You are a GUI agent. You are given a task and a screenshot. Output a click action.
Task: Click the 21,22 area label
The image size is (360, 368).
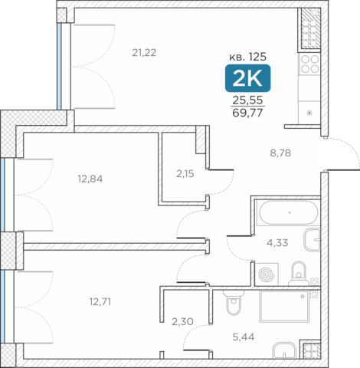click(144, 53)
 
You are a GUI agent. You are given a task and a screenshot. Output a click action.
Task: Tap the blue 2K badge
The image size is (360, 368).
click(247, 78)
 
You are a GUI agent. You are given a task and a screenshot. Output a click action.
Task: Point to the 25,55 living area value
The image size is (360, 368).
click(247, 100)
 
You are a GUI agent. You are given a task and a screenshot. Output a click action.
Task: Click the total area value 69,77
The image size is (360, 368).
click(247, 113)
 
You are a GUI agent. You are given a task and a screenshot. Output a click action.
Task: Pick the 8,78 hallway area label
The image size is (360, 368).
click(280, 153)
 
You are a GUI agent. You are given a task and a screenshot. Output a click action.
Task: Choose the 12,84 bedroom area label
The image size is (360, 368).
click(90, 179)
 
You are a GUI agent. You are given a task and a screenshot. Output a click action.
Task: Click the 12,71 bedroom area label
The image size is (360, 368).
click(100, 302)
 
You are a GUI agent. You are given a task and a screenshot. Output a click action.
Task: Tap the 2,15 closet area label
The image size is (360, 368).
click(185, 174)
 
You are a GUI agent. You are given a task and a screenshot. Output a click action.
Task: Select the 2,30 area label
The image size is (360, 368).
click(182, 322)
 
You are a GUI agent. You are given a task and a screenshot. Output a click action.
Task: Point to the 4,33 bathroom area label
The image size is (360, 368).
click(277, 242)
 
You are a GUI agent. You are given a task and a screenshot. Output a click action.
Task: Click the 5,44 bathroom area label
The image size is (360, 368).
click(244, 337)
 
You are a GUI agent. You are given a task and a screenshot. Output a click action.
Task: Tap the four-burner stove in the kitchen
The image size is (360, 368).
click(309, 64)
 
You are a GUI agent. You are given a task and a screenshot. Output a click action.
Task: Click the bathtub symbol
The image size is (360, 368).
click(289, 212)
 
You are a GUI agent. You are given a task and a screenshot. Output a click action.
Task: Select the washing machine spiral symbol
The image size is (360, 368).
click(267, 274)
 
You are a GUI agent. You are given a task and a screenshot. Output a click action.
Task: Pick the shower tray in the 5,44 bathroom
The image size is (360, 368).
click(285, 306)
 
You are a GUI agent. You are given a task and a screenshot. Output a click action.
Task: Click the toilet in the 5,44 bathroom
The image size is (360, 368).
click(233, 303)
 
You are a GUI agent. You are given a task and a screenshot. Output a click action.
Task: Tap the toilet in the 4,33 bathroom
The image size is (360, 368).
click(299, 274)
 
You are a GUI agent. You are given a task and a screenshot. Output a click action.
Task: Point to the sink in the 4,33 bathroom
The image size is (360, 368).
click(312, 240)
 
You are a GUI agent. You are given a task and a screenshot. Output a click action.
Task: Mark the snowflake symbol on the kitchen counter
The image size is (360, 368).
click(309, 113)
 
